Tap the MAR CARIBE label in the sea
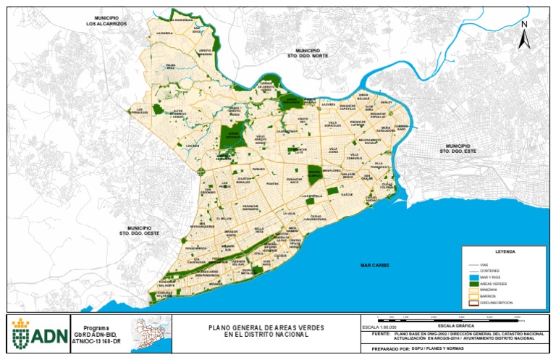375,266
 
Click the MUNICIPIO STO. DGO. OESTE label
139,230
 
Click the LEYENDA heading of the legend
505,251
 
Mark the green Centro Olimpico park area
313,174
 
